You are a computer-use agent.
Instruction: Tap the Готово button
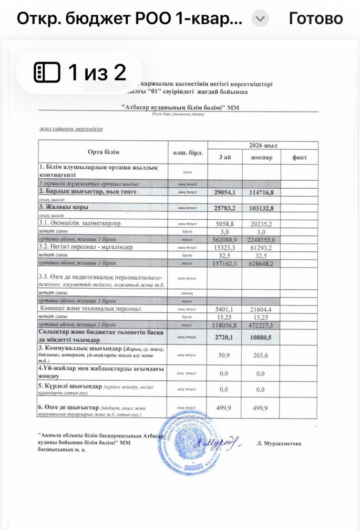point(316,19)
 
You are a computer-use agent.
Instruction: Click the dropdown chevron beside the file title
point(260,19)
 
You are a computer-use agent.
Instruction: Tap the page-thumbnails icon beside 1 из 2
point(47,72)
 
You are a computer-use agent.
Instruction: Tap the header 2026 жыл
point(262,145)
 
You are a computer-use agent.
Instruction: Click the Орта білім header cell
point(102,152)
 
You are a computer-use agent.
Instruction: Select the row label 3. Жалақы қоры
point(63,208)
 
